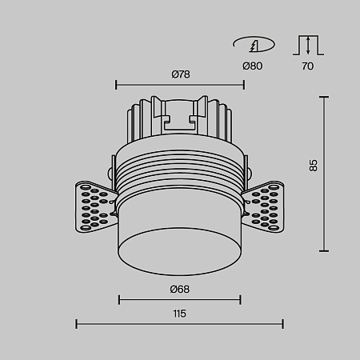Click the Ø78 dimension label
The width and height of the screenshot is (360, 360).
coord(181,74)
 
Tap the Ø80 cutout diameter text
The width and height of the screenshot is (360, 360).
coord(252,66)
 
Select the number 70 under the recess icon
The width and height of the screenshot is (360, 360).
coord(308,66)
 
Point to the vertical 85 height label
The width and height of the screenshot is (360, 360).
coord(314,166)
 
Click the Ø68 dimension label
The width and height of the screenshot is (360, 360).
coord(180,290)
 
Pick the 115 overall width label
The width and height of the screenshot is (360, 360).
coord(179,314)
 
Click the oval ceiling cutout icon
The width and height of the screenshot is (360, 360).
coord(254,44)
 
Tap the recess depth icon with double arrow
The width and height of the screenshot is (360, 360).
coord(308,45)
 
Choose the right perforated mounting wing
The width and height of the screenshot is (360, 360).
coord(263,207)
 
